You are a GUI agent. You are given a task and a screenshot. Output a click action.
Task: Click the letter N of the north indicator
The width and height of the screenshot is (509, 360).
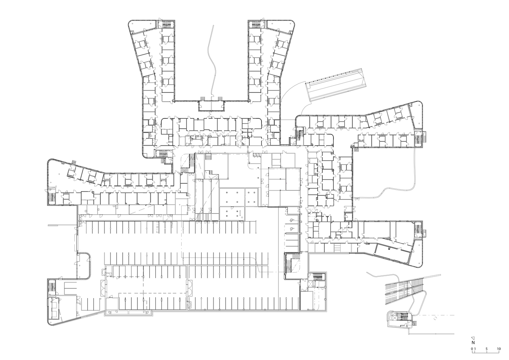[474, 343]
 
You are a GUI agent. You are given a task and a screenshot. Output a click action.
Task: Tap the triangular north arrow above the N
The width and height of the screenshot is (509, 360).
[474, 338]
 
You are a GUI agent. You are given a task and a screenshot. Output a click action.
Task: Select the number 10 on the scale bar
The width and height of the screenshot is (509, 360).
[499, 349]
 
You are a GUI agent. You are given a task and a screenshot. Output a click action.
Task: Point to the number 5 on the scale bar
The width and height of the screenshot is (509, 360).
[486, 349]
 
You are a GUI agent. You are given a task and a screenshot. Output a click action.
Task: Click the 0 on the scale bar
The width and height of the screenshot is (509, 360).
[472, 349]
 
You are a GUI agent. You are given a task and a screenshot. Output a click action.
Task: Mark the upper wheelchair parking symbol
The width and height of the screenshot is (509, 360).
[292, 220]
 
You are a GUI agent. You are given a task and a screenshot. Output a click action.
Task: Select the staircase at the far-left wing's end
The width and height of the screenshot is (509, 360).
[51, 198]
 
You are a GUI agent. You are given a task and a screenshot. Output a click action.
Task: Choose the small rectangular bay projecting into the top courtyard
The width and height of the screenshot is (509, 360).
[212, 105]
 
